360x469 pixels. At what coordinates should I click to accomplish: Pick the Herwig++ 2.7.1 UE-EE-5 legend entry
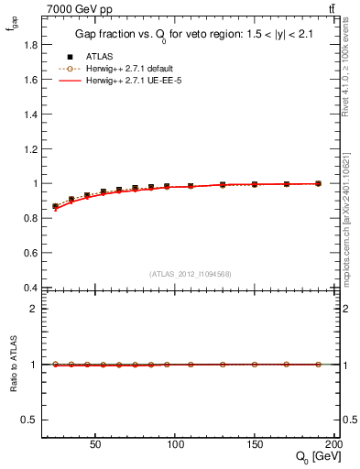(x=132, y=82)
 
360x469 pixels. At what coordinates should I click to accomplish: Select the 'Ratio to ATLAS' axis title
(x=12, y=364)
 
